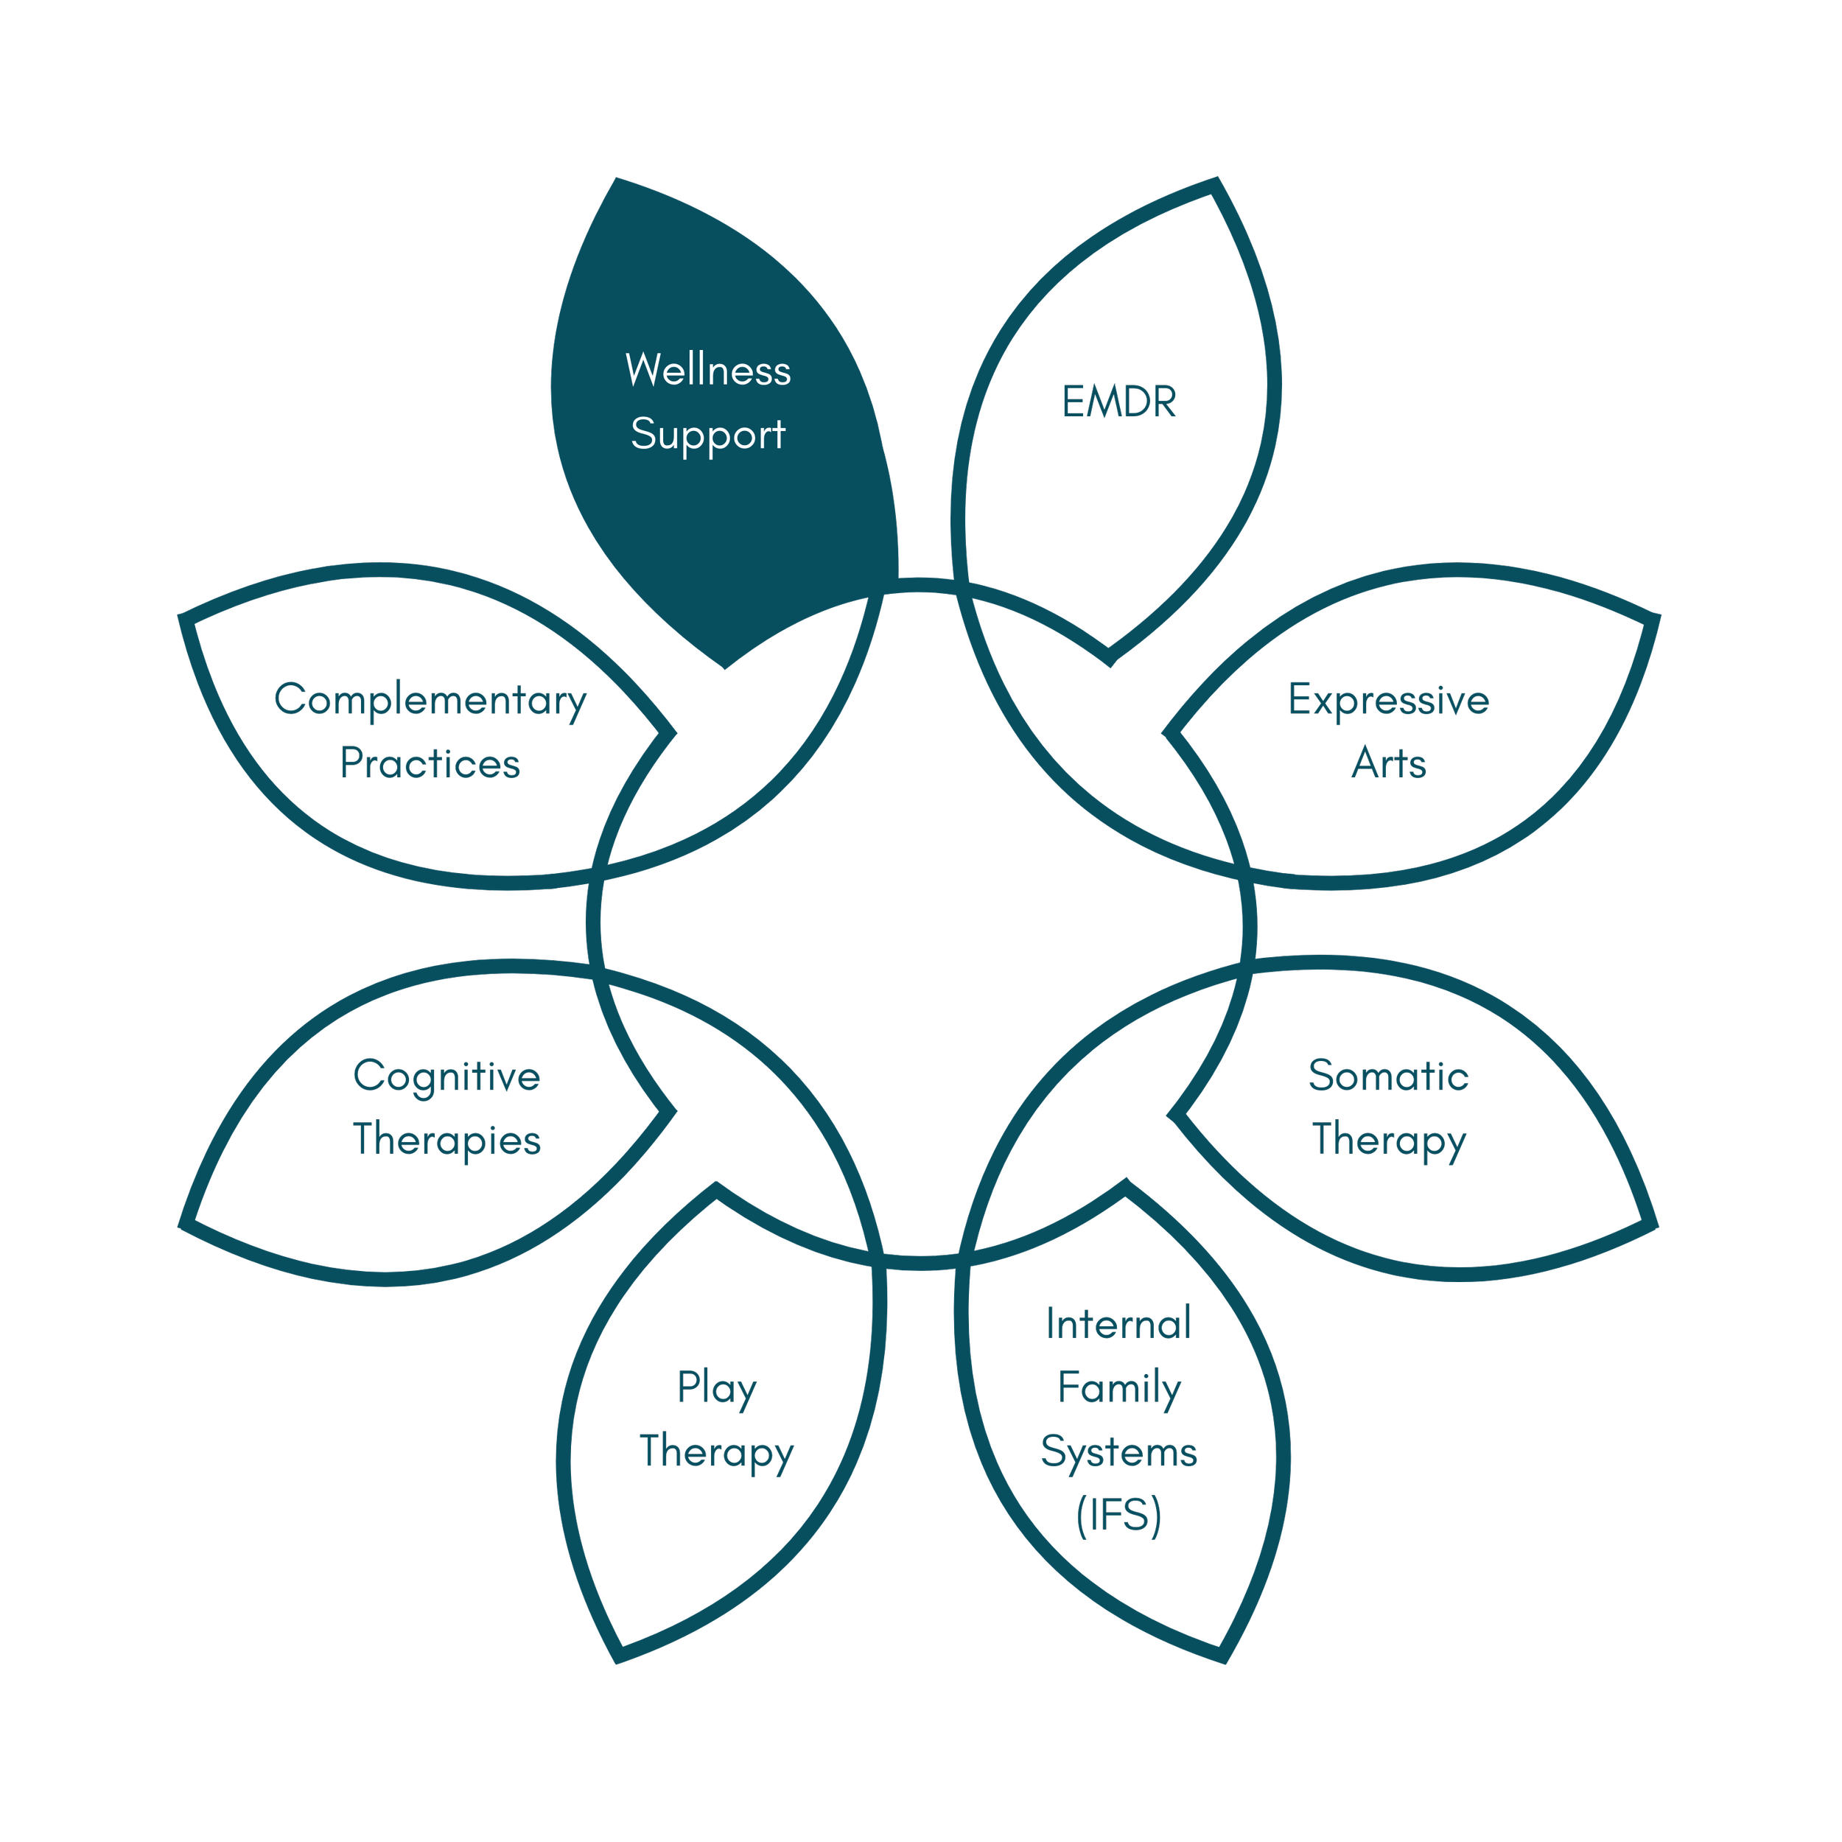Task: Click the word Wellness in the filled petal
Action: coord(707,370)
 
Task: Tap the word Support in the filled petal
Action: coord(707,435)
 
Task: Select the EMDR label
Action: coord(1118,402)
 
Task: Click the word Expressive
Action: coord(1388,700)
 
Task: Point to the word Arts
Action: coord(1388,763)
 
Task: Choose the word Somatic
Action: coord(1388,1076)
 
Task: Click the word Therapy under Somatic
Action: coord(1388,1141)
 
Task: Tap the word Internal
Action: coord(1118,1324)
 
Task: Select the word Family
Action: coord(1118,1388)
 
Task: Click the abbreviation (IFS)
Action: coord(1118,1516)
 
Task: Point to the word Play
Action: coord(716,1388)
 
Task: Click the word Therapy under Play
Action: coord(716,1452)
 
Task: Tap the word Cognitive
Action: coord(447,1076)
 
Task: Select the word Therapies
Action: coord(447,1141)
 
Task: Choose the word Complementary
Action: coord(430,700)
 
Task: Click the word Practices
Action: coord(430,763)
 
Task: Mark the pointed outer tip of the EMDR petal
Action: coord(1216,182)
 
